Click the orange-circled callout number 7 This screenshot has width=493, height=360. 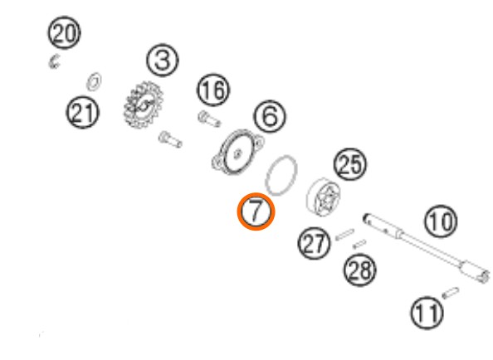[256, 212]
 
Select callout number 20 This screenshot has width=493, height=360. [64, 32]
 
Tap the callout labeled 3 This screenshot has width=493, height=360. [162, 61]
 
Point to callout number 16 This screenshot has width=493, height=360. [213, 90]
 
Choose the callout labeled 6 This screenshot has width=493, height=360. [270, 116]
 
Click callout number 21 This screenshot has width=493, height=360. [82, 113]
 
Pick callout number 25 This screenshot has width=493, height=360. [350, 164]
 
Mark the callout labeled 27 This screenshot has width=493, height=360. [314, 243]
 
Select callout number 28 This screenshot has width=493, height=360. [359, 270]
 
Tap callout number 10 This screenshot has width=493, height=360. [441, 221]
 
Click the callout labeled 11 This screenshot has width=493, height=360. [427, 314]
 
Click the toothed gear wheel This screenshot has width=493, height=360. [144, 105]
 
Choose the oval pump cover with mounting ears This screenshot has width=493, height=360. [237, 152]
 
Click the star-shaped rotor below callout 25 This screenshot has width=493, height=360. [323, 197]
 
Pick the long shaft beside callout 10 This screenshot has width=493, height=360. [427, 248]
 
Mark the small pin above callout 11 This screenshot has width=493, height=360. [450, 293]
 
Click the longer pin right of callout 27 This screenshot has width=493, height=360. [344, 235]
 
